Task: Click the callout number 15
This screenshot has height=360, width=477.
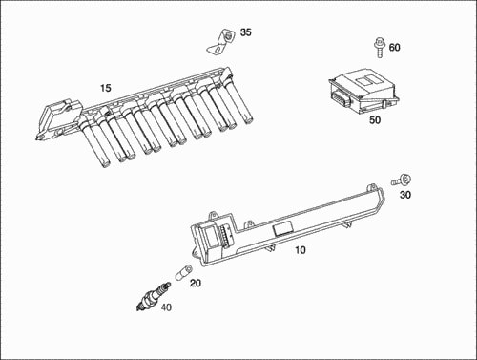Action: pyautogui.click(x=106, y=88)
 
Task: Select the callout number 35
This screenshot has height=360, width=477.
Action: pyautogui.click(x=245, y=32)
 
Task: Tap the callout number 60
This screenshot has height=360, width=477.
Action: pyautogui.click(x=394, y=48)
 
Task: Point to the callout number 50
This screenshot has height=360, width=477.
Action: pyautogui.click(x=375, y=120)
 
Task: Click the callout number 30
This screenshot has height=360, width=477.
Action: pyautogui.click(x=405, y=195)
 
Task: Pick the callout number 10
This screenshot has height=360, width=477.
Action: pyautogui.click(x=301, y=250)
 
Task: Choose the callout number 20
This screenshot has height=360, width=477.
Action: pyautogui.click(x=196, y=283)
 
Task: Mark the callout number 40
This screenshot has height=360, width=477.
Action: pyautogui.click(x=166, y=307)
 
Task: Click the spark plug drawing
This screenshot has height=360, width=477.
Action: pyautogui.click(x=153, y=296)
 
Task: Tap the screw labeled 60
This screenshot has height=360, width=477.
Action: pyautogui.click(x=380, y=48)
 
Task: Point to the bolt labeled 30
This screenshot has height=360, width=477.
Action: pyautogui.click(x=401, y=180)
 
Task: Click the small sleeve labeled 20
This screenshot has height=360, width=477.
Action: pyautogui.click(x=183, y=272)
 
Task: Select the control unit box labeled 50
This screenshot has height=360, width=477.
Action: pyautogui.click(x=363, y=91)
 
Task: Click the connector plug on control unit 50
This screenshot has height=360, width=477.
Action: pyautogui.click(x=341, y=97)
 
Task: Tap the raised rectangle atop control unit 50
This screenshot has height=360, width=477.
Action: pyautogui.click(x=367, y=80)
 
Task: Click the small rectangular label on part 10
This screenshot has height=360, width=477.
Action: pyautogui.click(x=283, y=229)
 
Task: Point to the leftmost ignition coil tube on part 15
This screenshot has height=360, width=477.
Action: pyautogui.click(x=94, y=142)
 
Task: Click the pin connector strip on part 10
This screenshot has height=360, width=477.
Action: pyautogui.click(x=225, y=236)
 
